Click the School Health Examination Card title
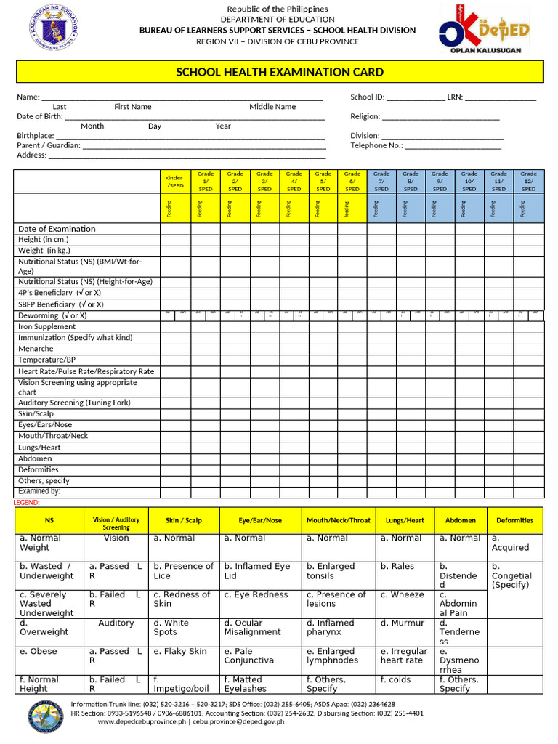click(280, 72)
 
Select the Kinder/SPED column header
click(174, 182)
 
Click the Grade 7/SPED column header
click(381, 182)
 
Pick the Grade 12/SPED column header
click(528, 182)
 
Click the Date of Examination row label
click(57, 229)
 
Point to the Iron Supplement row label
click(46, 327)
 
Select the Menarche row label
click(36, 349)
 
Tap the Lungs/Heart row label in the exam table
click(39, 448)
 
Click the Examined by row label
click(39, 492)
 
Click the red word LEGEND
click(27, 503)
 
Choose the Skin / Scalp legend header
click(184, 521)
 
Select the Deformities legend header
click(514, 521)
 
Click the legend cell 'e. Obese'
click(39, 652)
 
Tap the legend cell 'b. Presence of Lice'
click(183, 571)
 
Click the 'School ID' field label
click(367, 97)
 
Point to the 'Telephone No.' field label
click(376, 145)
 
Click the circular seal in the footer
click(49, 719)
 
